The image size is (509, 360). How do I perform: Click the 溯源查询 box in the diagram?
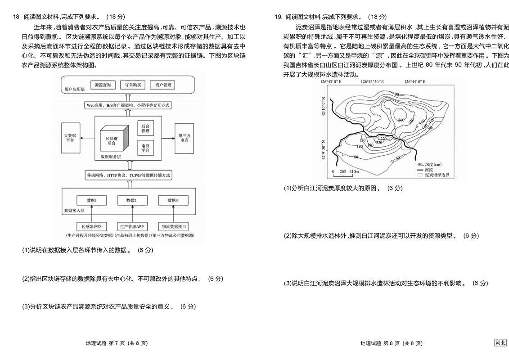[103, 85]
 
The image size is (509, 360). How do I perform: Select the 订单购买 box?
[133, 85]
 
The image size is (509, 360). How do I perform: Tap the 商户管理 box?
[163, 85]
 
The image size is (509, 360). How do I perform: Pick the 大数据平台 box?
[70, 138]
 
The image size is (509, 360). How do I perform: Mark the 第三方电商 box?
[184, 138]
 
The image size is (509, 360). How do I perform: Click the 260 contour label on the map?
[401, 120]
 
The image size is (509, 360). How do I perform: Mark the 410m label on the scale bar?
[353, 171]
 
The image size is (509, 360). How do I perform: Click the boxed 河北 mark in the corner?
[500, 343]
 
